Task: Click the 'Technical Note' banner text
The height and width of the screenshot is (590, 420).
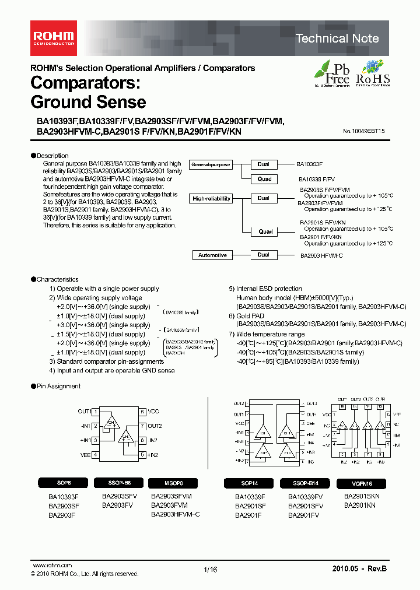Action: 337,38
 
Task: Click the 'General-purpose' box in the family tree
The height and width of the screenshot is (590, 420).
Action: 211,165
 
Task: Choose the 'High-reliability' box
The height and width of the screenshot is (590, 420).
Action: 211,199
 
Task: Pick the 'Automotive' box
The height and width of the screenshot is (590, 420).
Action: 212,255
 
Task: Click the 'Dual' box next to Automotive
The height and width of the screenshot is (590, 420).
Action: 264,255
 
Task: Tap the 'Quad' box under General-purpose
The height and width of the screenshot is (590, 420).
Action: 265,180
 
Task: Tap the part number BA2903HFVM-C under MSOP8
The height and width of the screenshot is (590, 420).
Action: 175,514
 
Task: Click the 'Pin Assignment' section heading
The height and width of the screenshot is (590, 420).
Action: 58,386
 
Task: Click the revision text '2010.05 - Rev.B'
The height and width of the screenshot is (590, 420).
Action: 359,568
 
